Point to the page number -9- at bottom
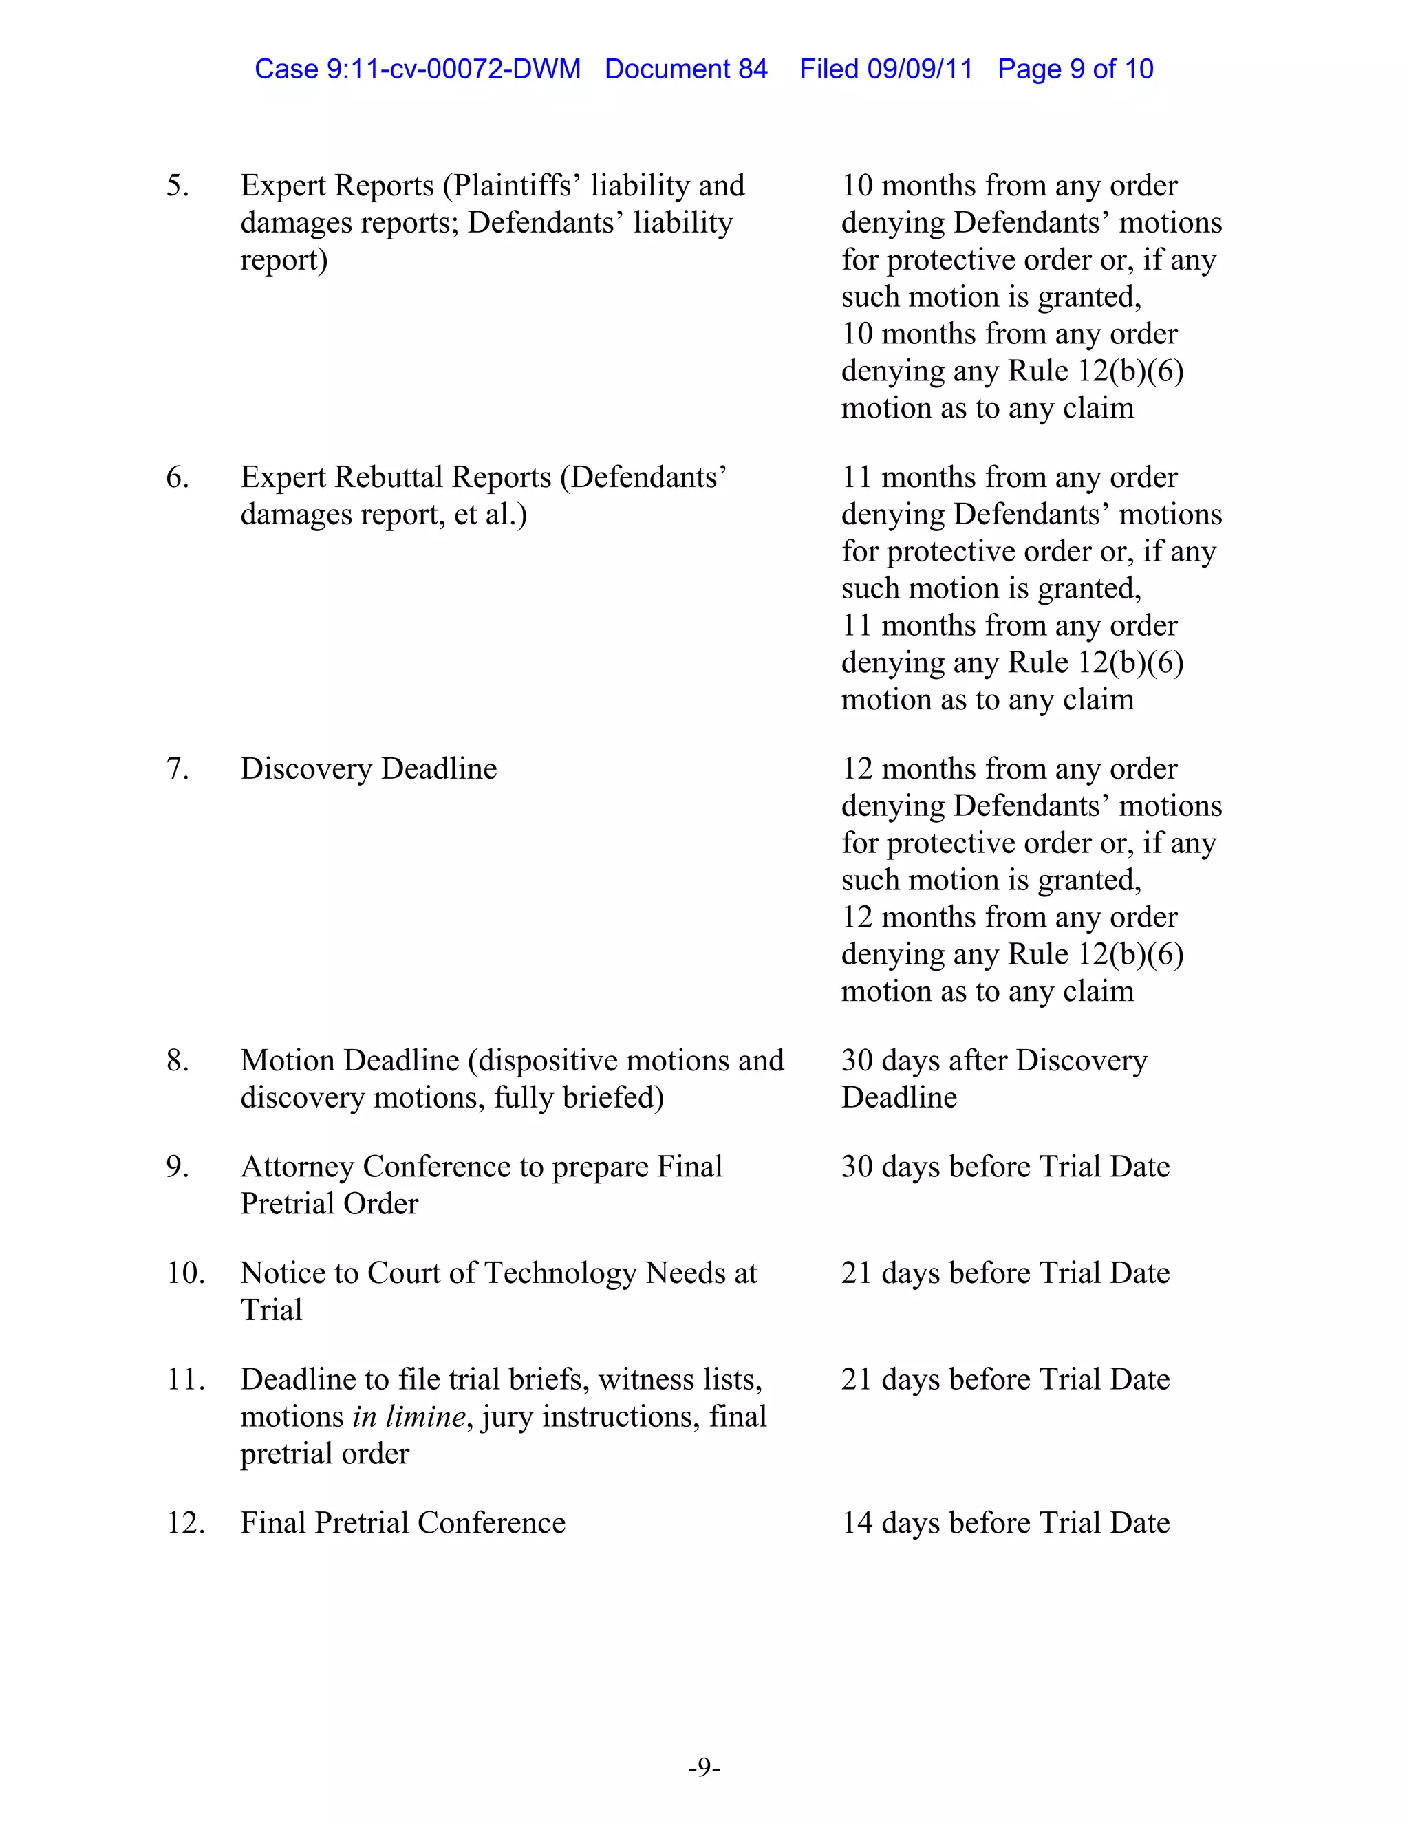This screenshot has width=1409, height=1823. (704, 1767)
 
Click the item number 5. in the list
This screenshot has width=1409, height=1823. (177, 185)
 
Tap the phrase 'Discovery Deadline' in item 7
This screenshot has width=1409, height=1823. (368, 768)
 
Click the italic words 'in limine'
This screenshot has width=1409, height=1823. (408, 1416)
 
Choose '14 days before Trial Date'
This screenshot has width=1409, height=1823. (1005, 1522)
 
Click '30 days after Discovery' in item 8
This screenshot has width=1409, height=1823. (993, 1060)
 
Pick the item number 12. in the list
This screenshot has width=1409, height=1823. (184, 1522)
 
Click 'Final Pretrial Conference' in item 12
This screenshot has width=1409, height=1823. (402, 1522)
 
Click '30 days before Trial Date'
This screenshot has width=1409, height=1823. (1005, 1166)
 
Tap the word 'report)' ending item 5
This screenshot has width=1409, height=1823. (284, 259)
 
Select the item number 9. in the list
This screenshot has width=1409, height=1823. (177, 1166)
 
